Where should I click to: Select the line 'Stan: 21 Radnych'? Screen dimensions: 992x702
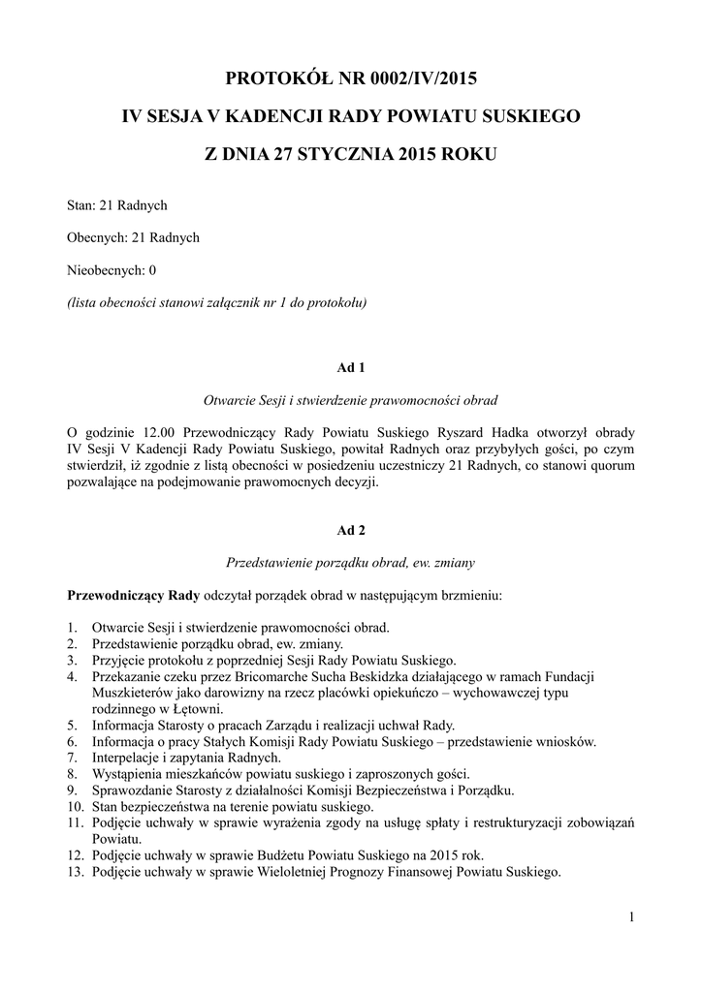pos(117,205)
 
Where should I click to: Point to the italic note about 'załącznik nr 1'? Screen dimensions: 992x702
pos(216,301)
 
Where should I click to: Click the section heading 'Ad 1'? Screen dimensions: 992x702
pos(350,367)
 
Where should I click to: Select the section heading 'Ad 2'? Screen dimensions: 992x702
pos(350,530)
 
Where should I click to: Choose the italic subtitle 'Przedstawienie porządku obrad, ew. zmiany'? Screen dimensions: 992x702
pos(350,562)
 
